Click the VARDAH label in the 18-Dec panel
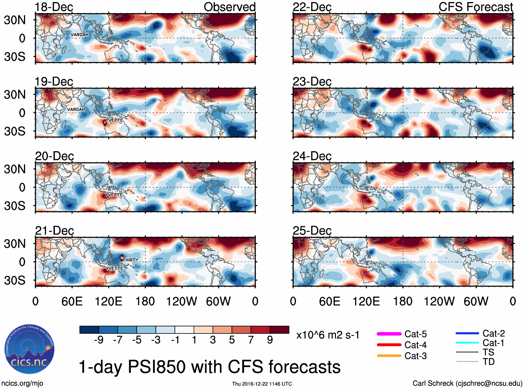click(x=79, y=35)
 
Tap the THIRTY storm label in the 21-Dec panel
click(x=130, y=260)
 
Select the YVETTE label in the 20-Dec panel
click(x=114, y=195)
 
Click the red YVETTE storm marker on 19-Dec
click(x=105, y=122)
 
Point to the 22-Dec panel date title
click(x=312, y=7)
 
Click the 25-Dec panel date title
click(x=312, y=230)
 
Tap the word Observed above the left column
click(x=229, y=7)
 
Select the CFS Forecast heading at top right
click(x=475, y=7)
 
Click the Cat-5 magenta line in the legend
click(x=389, y=334)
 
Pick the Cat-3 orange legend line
click(x=389, y=356)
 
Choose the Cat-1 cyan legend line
click(x=467, y=343)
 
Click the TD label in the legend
click(x=489, y=362)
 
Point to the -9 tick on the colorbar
click(x=99, y=340)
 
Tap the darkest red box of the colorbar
click(x=279, y=330)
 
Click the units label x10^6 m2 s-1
click(x=328, y=335)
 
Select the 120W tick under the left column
click(x=181, y=301)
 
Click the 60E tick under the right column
click(x=329, y=301)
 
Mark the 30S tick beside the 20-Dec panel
click(x=15, y=206)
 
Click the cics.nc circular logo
click(x=29, y=349)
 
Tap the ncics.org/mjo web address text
click(x=22, y=383)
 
